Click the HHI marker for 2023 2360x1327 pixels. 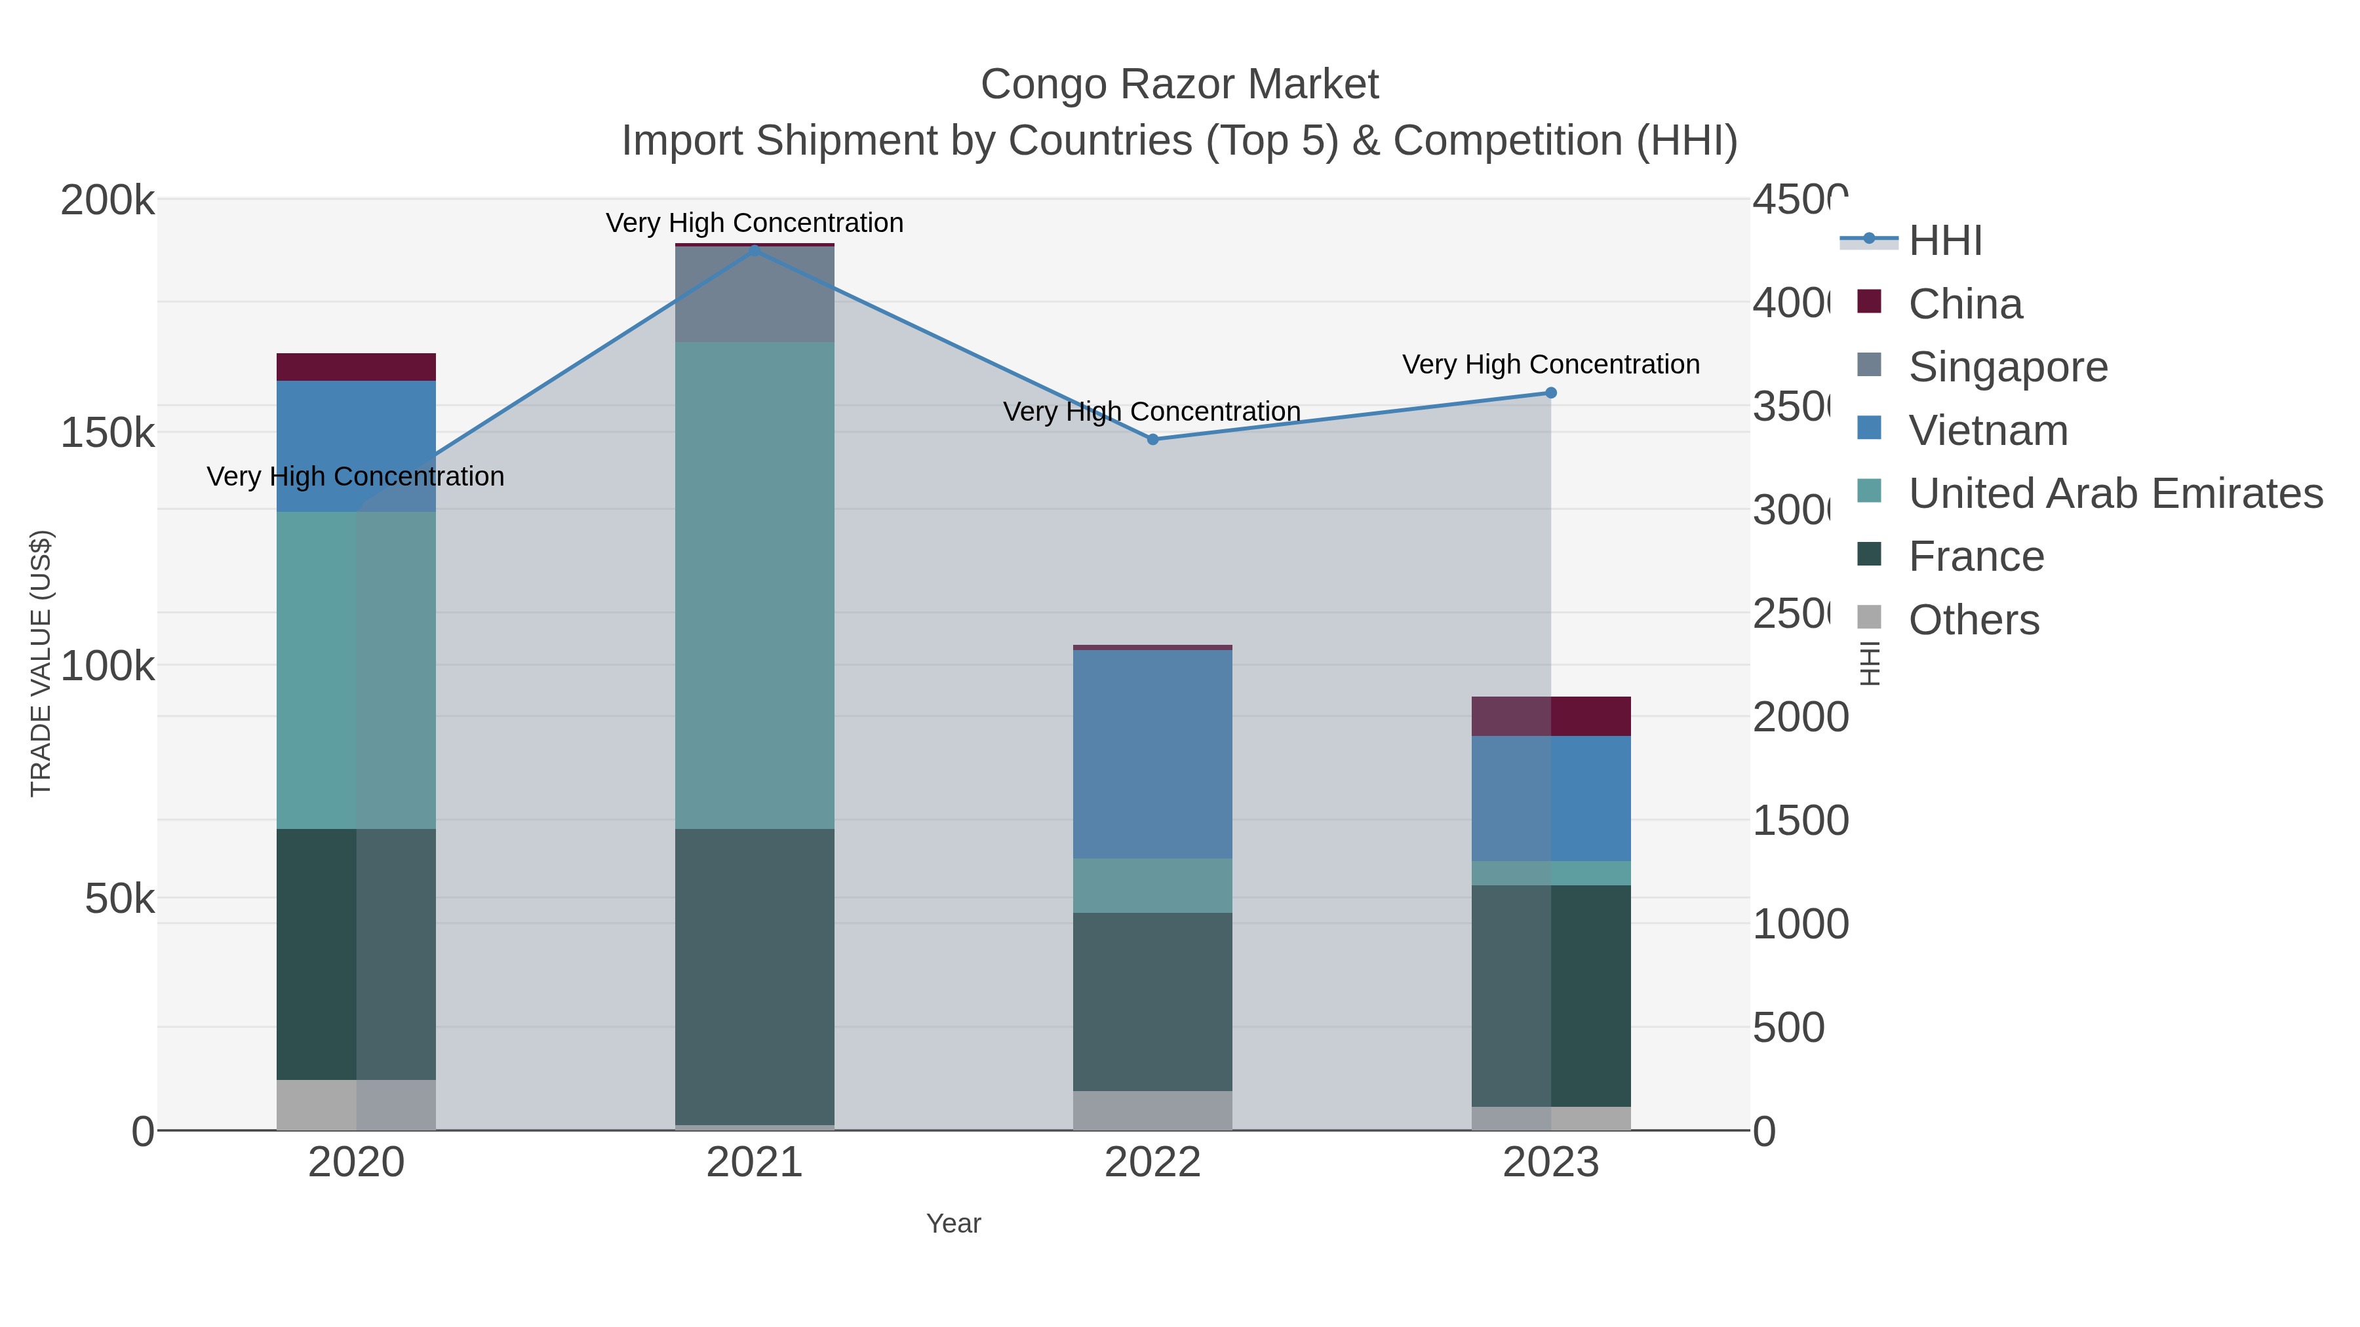click(x=1551, y=393)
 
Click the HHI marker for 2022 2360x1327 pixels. click(x=1152, y=440)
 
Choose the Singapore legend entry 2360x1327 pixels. click(x=2007, y=367)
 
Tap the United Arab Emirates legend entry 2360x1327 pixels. click(x=2114, y=493)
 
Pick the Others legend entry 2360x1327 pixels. click(x=1973, y=620)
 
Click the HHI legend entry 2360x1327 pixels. click(x=1945, y=241)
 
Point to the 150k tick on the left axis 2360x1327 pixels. click(x=108, y=433)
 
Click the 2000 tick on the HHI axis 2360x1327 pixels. click(x=1799, y=717)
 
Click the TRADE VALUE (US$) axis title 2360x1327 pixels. click(x=41, y=663)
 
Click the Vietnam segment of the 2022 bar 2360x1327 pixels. click(x=1152, y=754)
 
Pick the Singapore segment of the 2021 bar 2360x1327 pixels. click(x=754, y=295)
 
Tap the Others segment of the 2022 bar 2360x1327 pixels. click(x=1152, y=1110)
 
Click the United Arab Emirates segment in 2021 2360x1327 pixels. click(x=754, y=586)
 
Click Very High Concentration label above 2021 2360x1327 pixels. click(x=754, y=223)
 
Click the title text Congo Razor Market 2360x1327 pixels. click(x=1179, y=85)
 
